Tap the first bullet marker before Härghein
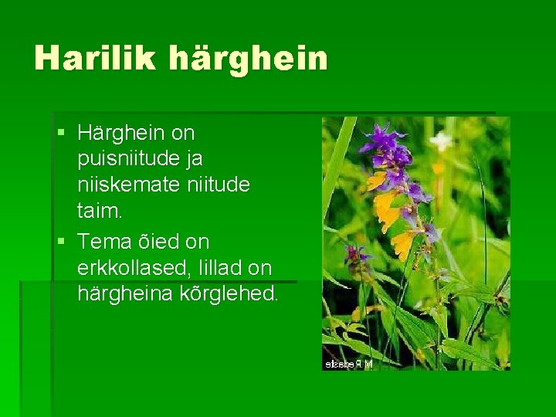(x=61, y=134)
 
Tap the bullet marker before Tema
(x=61, y=242)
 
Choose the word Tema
(x=105, y=242)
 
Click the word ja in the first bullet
(x=195, y=159)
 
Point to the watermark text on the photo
(x=348, y=363)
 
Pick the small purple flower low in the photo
(x=357, y=255)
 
